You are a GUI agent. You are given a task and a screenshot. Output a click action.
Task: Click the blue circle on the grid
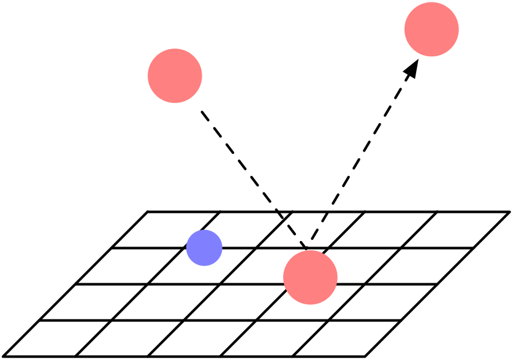[x=204, y=248]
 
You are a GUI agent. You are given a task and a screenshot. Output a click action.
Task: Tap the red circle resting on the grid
[x=310, y=277]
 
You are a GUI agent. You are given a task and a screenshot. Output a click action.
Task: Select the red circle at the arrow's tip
[x=431, y=29]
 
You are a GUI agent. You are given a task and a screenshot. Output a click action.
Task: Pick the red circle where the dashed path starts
[x=175, y=75]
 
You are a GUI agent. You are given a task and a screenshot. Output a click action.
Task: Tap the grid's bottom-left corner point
[x=3, y=356]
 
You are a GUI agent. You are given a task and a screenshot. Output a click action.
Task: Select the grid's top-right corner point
[x=509, y=212]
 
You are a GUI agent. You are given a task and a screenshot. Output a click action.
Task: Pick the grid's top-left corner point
[x=148, y=212]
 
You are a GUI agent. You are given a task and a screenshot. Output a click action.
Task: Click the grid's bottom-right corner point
[x=365, y=356]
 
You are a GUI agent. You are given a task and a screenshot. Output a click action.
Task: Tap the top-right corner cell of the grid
[x=455, y=230]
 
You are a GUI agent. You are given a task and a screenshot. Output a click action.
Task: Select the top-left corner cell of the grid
[x=165, y=230]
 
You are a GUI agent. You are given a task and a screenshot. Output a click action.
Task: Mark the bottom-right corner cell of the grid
[x=347, y=339]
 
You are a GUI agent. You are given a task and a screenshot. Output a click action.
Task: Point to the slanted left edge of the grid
[x=75, y=284]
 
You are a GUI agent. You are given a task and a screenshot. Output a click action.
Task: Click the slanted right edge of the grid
[x=438, y=284]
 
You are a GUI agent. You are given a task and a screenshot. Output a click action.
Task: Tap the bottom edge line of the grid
[x=184, y=356]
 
